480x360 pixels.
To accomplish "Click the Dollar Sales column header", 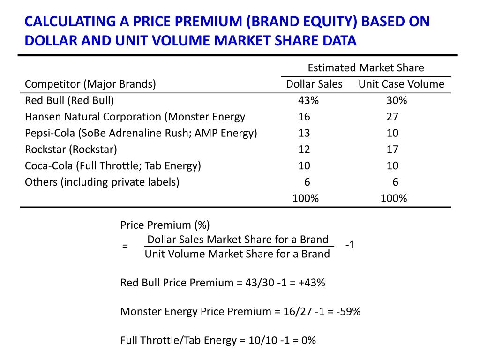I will tap(314, 84).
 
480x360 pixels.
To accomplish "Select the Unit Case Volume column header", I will tap(401, 84).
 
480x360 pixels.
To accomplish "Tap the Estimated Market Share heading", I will tap(366, 68).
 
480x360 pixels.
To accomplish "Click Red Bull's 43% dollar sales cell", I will tap(307, 100).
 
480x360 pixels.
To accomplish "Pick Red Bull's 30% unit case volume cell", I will tap(397, 100).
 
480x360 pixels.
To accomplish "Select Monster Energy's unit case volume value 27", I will tap(392, 117).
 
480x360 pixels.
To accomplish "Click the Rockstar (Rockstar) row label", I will tap(71, 150).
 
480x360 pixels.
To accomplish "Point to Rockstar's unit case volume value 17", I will tap(392, 150).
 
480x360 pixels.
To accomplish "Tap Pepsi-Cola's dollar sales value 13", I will tap(304, 133).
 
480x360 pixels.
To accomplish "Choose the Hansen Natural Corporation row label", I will tap(135, 117).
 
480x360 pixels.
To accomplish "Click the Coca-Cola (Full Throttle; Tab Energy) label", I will tap(112, 165).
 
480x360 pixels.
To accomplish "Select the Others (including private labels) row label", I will tap(102, 182).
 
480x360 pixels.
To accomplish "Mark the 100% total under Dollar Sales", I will tap(305, 198).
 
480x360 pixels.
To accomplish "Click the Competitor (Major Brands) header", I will tap(90, 84).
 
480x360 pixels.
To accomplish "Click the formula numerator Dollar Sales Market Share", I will tap(238, 240).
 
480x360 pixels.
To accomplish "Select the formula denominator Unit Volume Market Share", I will tap(237, 254).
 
